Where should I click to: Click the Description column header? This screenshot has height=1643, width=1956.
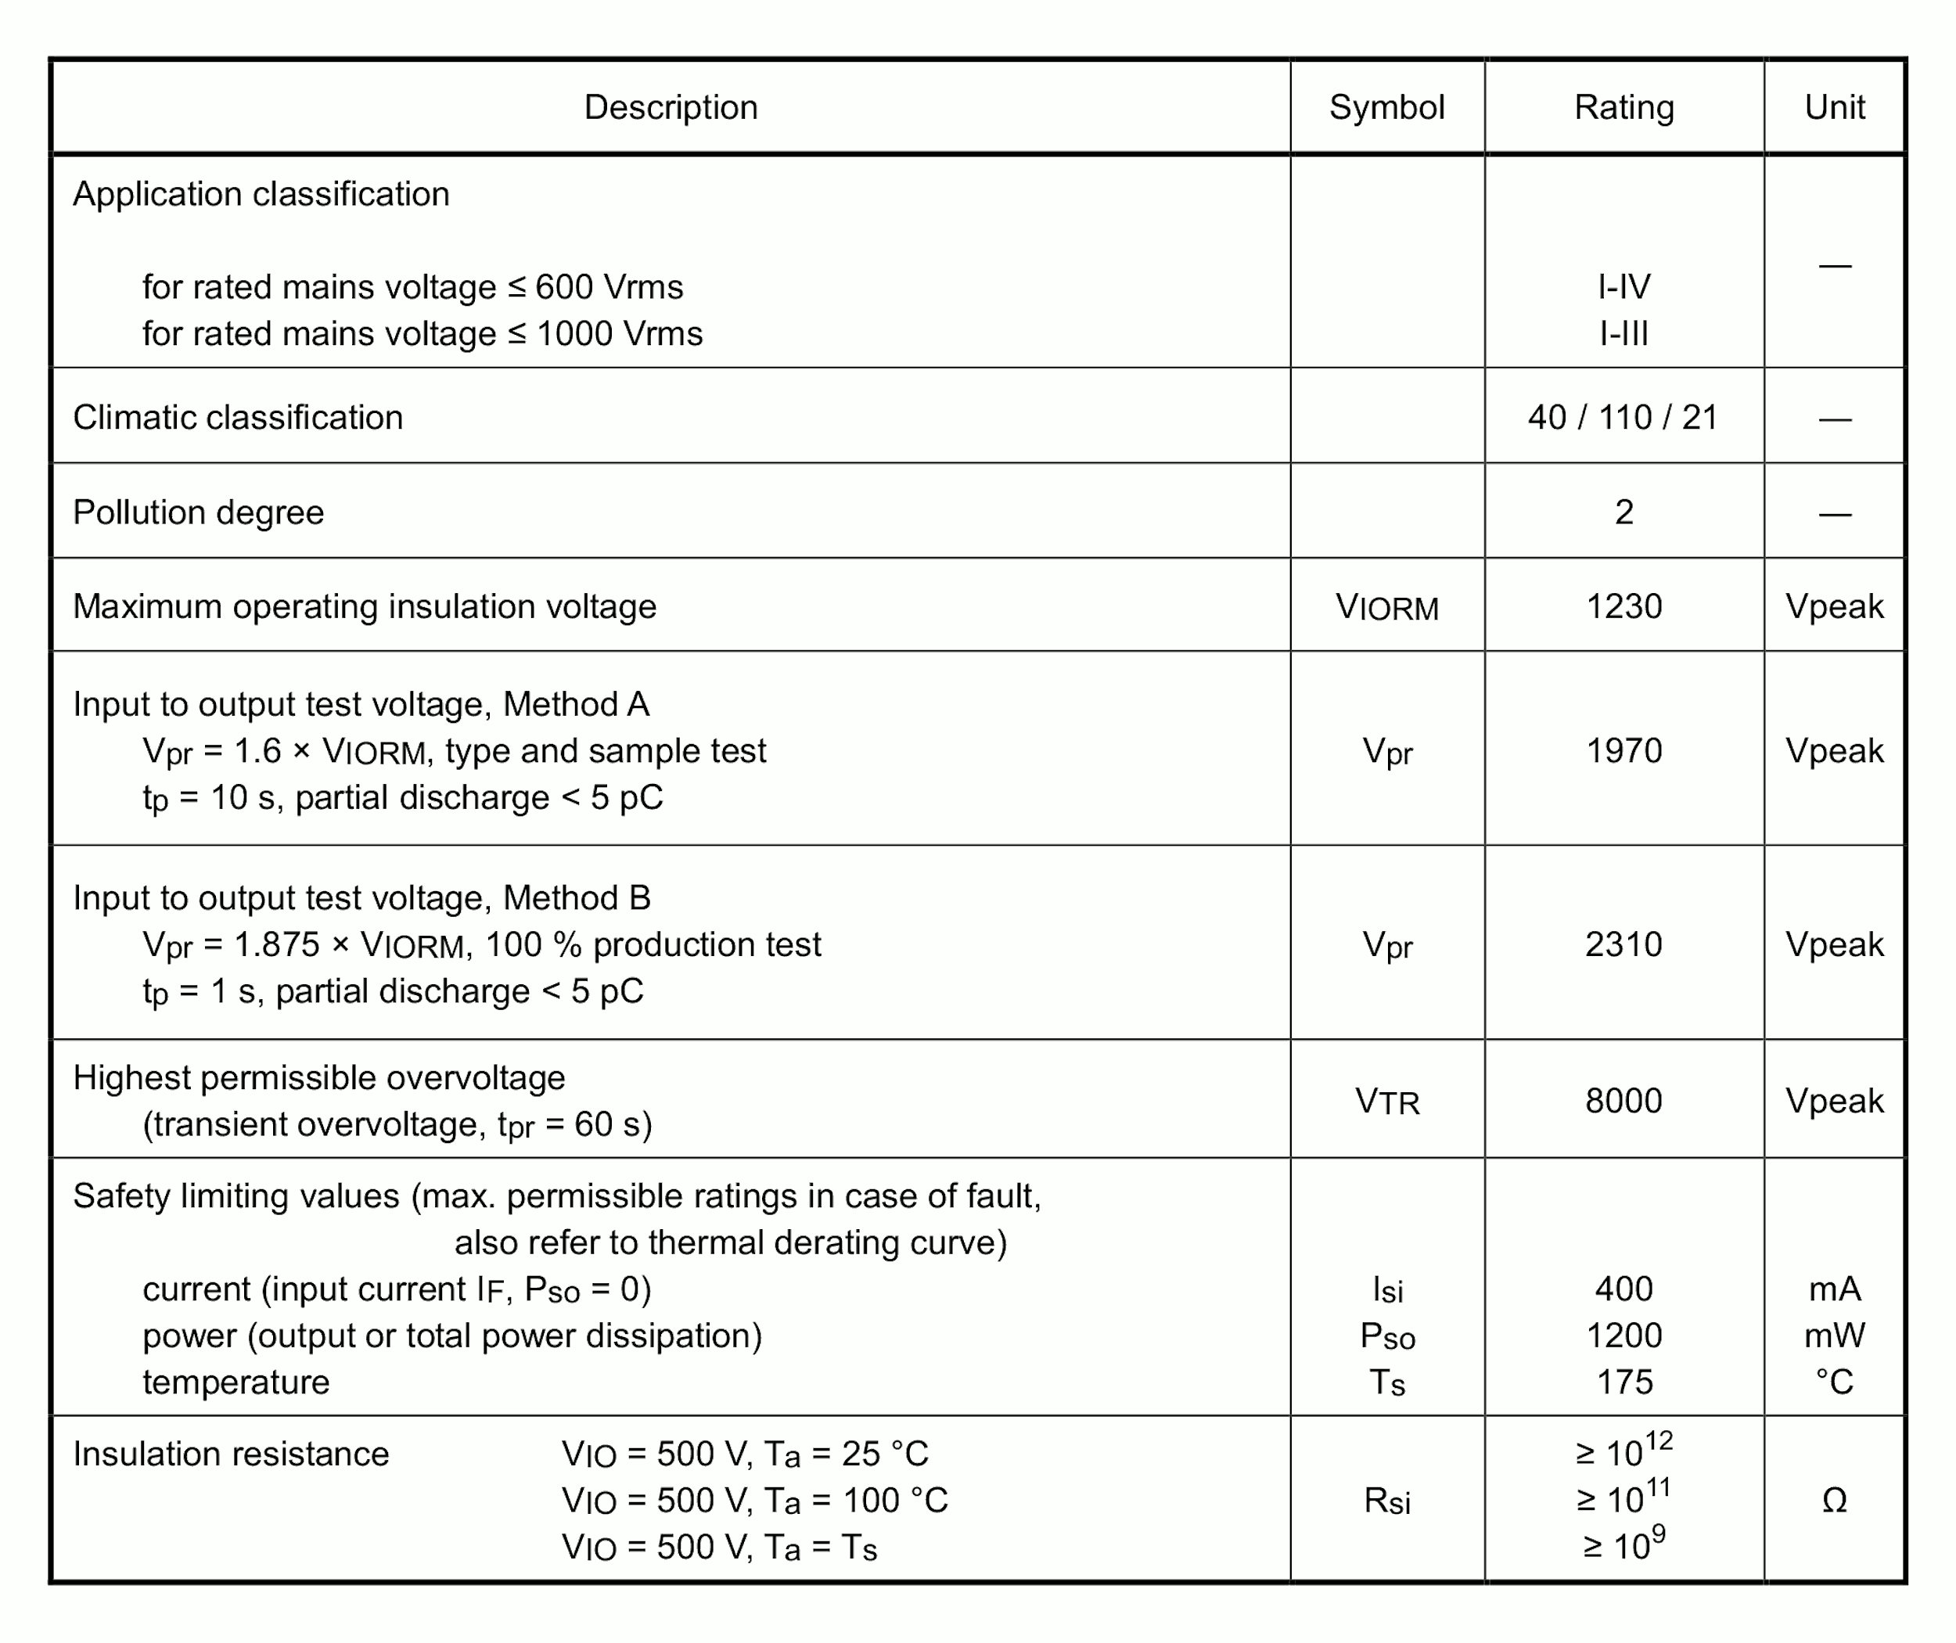point(671,107)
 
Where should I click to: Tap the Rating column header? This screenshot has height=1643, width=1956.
point(1623,107)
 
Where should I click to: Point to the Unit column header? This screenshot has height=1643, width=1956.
point(1834,107)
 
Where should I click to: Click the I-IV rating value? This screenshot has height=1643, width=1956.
point(1623,287)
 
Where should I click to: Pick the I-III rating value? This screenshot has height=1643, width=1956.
point(1623,333)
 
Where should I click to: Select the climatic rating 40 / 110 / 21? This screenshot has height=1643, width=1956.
point(1623,417)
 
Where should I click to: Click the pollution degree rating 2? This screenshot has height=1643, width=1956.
point(1623,512)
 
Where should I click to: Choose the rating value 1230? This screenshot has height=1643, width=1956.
point(1623,606)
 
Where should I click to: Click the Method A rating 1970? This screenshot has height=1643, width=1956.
point(1623,751)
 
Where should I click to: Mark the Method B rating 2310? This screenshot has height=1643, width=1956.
point(1623,944)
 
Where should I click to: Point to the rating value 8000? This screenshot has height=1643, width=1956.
point(1623,1101)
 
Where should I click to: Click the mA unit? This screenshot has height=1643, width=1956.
point(1834,1289)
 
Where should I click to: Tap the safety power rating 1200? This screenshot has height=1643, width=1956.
point(1623,1336)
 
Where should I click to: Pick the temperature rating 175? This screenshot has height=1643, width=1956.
point(1624,1382)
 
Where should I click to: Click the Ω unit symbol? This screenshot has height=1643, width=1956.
point(1834,1501)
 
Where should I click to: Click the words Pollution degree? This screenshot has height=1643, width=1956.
point(199,512)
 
